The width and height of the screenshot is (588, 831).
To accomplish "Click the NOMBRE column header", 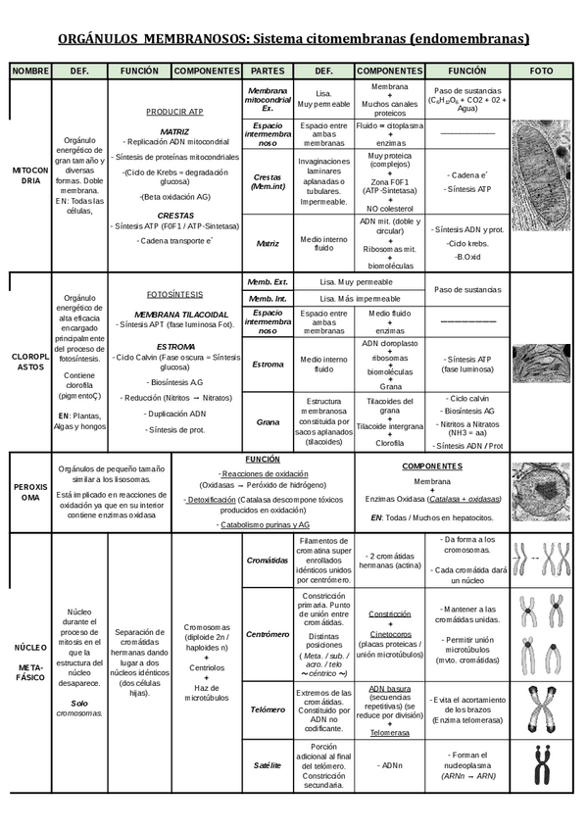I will (31, 72).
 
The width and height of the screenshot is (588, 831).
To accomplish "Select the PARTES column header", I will (268, 72).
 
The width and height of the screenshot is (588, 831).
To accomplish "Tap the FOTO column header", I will (541, 72).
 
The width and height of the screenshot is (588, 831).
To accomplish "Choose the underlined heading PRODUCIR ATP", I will (174, 113).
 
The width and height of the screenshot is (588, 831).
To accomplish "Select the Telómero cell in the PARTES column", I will (268, 709).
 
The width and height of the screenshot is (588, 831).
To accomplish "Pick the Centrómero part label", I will (268, 634).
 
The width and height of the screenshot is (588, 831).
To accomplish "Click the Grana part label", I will (268, 421).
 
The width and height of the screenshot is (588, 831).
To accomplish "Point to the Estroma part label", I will (268, 365).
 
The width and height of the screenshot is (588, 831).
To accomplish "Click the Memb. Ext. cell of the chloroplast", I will (268, 281).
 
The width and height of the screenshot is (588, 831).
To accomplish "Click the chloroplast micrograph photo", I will (541, 363).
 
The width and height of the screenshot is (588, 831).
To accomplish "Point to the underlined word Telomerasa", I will (389, 732).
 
